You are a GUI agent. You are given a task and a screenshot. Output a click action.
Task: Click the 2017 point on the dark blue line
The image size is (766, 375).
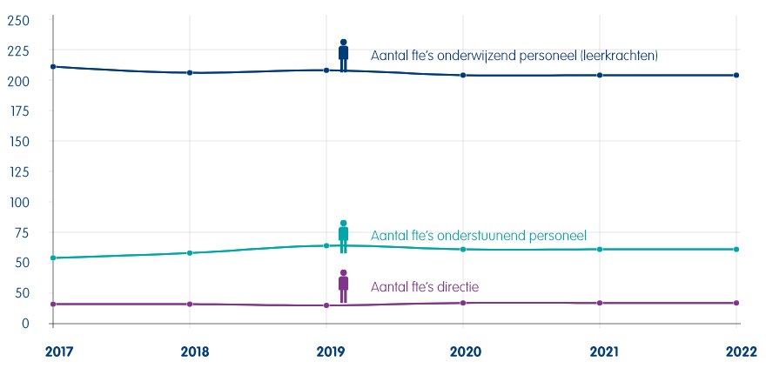point(53,66)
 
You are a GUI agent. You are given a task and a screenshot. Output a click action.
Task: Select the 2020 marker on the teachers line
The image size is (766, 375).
point(463,75)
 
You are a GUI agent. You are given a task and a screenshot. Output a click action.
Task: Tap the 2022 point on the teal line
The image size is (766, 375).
point(736,249)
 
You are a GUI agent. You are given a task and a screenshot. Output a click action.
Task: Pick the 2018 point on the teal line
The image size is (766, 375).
point(190,253)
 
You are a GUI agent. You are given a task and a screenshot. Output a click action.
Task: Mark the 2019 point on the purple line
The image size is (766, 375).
point(326,305)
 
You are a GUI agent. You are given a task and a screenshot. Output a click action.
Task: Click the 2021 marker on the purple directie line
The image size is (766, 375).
point(600,303)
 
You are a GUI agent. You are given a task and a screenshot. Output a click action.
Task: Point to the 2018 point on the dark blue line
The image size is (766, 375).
point(190,73)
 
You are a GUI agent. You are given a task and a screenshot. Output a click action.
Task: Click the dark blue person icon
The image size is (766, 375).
point(344,56)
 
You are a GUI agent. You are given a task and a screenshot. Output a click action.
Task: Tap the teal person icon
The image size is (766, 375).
point(344,237)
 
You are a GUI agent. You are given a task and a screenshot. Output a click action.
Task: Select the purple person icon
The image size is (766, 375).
point(344,286)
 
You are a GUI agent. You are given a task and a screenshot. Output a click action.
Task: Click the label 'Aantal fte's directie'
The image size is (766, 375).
point(425,286)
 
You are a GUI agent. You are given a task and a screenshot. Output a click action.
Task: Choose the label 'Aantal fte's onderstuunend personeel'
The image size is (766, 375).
point(478,235)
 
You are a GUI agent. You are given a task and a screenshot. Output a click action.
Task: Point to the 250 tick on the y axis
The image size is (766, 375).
point(19,21)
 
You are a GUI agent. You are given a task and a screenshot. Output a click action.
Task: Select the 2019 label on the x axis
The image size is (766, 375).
point(332,352)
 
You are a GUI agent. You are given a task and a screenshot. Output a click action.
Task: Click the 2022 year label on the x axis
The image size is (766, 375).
point(742,352)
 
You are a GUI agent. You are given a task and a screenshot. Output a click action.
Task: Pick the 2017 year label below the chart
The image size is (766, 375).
point(58,352)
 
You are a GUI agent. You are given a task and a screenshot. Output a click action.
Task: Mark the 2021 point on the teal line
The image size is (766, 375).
point(600,249)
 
